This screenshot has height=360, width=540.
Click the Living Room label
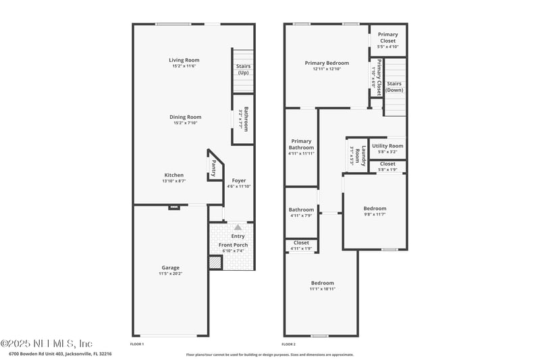coord(184,60)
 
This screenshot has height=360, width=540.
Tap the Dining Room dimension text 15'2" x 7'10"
coord(185,123)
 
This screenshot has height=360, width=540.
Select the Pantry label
coord(214,165)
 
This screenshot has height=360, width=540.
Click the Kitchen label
coord(173,175)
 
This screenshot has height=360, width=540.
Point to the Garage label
coord(170,267)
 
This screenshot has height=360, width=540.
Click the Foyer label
coord(239,180)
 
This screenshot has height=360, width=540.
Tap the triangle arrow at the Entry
coord(238,228)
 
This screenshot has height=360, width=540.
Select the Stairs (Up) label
coord(243,70)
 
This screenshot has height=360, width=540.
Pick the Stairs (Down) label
coord(395,87)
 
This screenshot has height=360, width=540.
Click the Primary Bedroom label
coord(327,63)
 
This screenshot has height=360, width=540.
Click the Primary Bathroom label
coord(301,145)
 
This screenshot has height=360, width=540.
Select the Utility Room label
coord(387,146)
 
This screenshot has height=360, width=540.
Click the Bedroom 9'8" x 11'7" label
coord(375,209)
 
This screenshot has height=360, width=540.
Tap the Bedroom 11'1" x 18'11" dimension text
coord(323,288)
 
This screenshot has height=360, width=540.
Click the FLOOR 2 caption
coord(290,344)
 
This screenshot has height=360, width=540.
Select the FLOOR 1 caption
coord(137,344)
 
